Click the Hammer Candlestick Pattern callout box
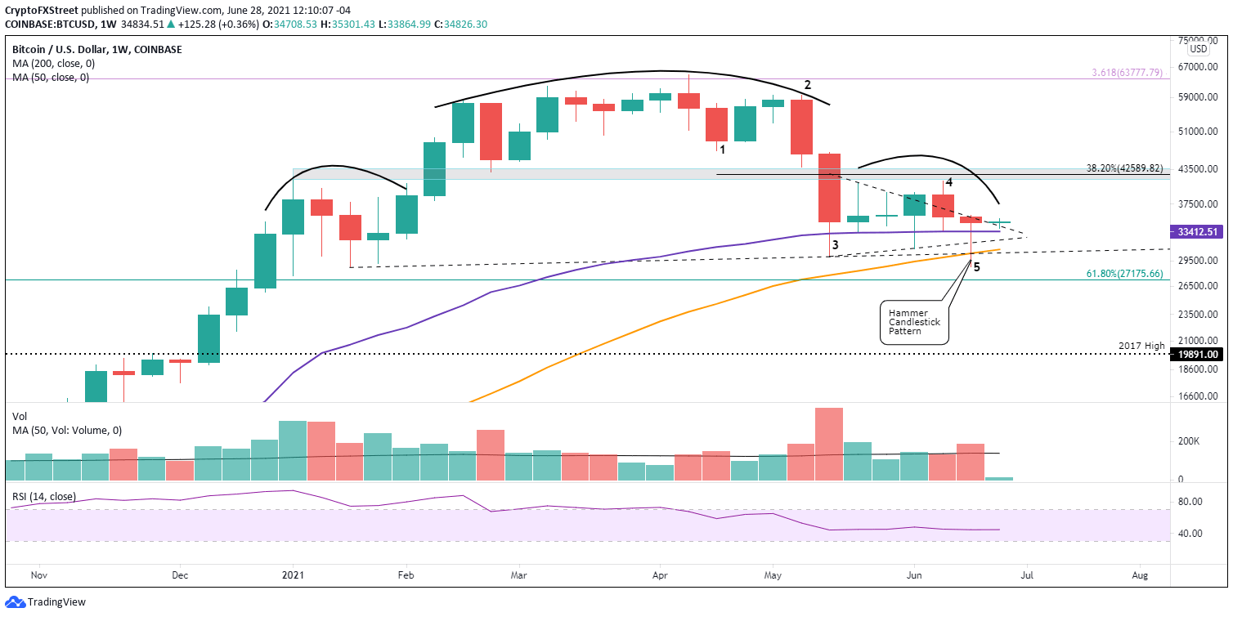[x=914, y=322]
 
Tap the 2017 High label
[x=1142, y=346]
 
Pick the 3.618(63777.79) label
[x=1128, y=73]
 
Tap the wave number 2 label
[x=807, y=85]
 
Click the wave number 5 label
[x=976, y=266]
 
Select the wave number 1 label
[x=723, y=149]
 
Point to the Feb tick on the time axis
[x=405, y=575]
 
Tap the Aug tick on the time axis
[x=1140, y=575]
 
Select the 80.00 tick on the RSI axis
[x=1190, y=502]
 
